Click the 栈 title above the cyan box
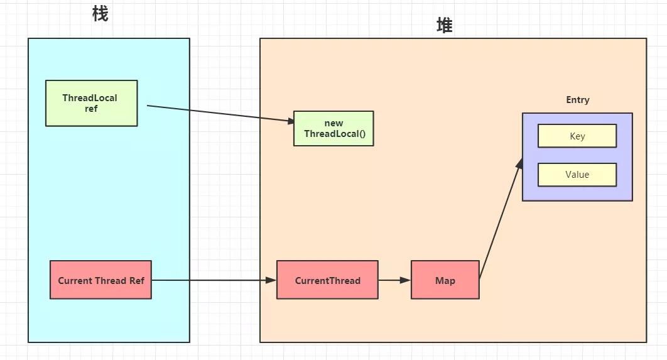click(100, 13)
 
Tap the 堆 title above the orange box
click(444, 25)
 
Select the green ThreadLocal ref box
click(91, 103)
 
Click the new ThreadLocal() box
click(333, 128)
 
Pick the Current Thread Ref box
click(100, 280)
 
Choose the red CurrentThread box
click(327, 280)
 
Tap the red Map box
click(445, 280)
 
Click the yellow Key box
click(577, 136)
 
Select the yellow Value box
click(577, 175)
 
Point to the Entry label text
click(577, 100)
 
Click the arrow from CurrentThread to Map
click(394, 280)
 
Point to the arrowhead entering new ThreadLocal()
click(290, 121)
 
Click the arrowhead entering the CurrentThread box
click(272, 280)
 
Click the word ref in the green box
click(91, 109)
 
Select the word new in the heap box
click(333, 123)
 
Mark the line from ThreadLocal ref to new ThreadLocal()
click(220, 113)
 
